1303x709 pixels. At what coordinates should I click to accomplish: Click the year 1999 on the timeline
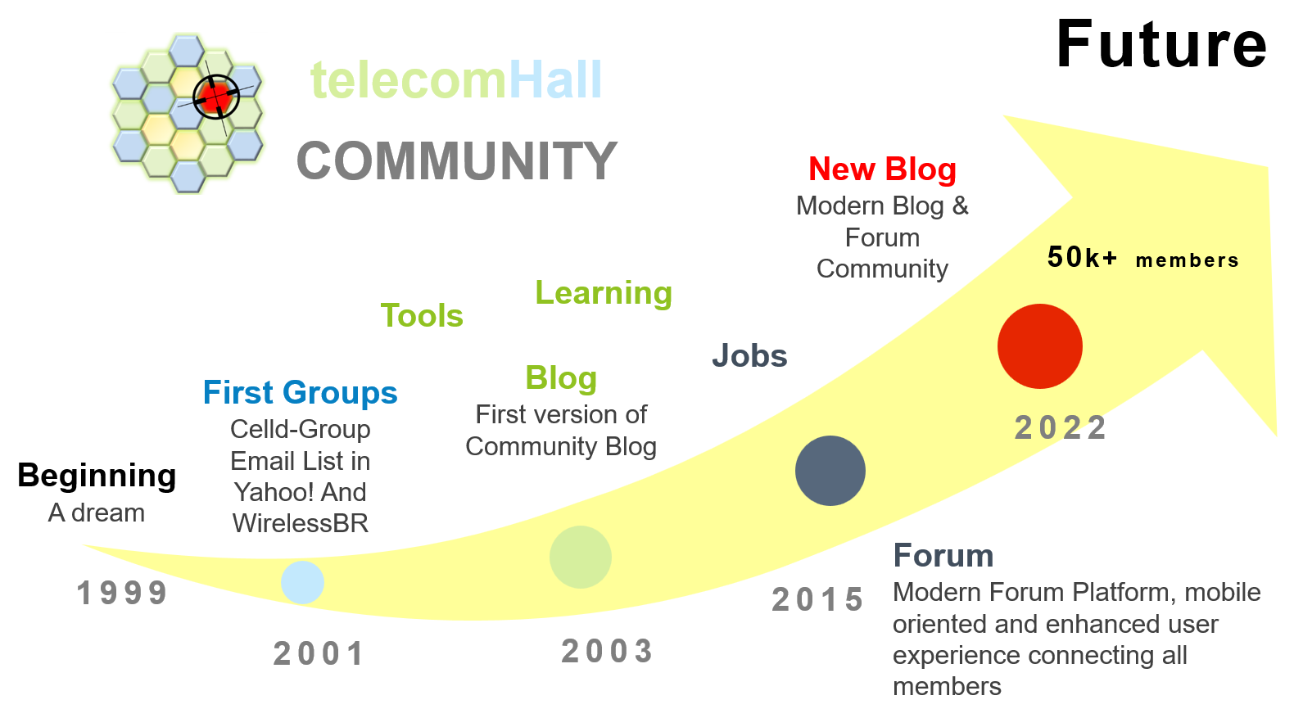click(x=122, y=594)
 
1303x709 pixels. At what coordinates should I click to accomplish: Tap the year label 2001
click(x=319, y=654)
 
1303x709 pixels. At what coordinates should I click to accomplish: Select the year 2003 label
click(x=607, y=652)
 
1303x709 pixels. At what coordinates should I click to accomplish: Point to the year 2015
click(x=817, y=600)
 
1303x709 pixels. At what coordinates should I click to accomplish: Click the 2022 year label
click(x=1061, y=427)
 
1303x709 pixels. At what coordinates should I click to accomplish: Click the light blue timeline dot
click(x=302, y=582)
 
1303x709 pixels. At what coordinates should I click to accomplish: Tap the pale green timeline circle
click(x=580, y=557)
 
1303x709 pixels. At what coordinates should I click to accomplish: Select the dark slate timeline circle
click(x=830, y=471)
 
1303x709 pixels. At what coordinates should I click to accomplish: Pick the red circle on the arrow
click(x=1039, y=346)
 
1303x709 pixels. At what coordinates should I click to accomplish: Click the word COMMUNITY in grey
click(x=456, y=160)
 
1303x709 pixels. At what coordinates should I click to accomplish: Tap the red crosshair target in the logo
click(x=216, y=97)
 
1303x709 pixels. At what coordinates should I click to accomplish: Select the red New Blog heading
click(x=882, y=169)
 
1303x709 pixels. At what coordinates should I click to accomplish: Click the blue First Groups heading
click(x=300, y=393)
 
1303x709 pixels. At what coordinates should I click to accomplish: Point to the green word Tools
click(x=422, y=316)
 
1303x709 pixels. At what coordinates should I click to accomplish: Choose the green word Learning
click(x=604, y=293)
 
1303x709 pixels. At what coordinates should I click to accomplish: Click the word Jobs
click(x=749, y=356)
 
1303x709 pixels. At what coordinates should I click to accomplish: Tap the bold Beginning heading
click(x=97, y=476)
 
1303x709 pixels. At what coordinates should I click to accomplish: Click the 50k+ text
click(x=1082, y=258)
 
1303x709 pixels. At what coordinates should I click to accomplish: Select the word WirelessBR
click(x=301, y=523)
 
